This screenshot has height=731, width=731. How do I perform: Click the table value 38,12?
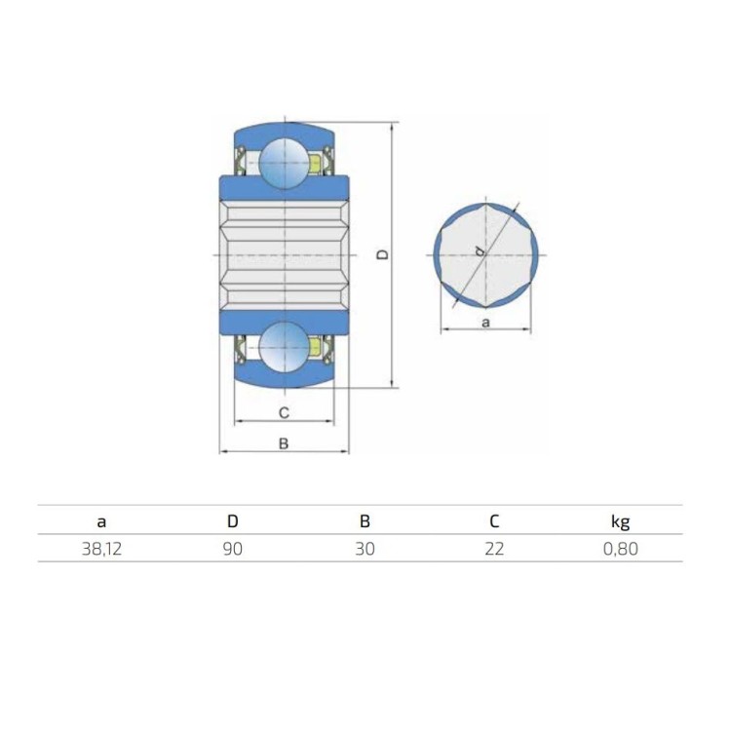[x=101, y=549]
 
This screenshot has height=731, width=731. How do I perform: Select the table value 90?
[x=233, y=549]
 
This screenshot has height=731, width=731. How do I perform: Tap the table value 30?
[x=365, y=549]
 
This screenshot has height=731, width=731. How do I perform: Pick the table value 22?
[x=494, y=549]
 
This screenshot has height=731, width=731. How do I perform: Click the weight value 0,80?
[x=621, y=549]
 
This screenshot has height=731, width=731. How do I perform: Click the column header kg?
[x=621, y=521]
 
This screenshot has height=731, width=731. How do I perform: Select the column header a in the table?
[x=101, y=522]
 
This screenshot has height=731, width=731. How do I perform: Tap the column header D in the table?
[x=233, y=520]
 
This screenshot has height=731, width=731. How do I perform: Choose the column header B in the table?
[x=365, y=520]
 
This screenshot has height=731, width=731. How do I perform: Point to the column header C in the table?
[x=494, y=520]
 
